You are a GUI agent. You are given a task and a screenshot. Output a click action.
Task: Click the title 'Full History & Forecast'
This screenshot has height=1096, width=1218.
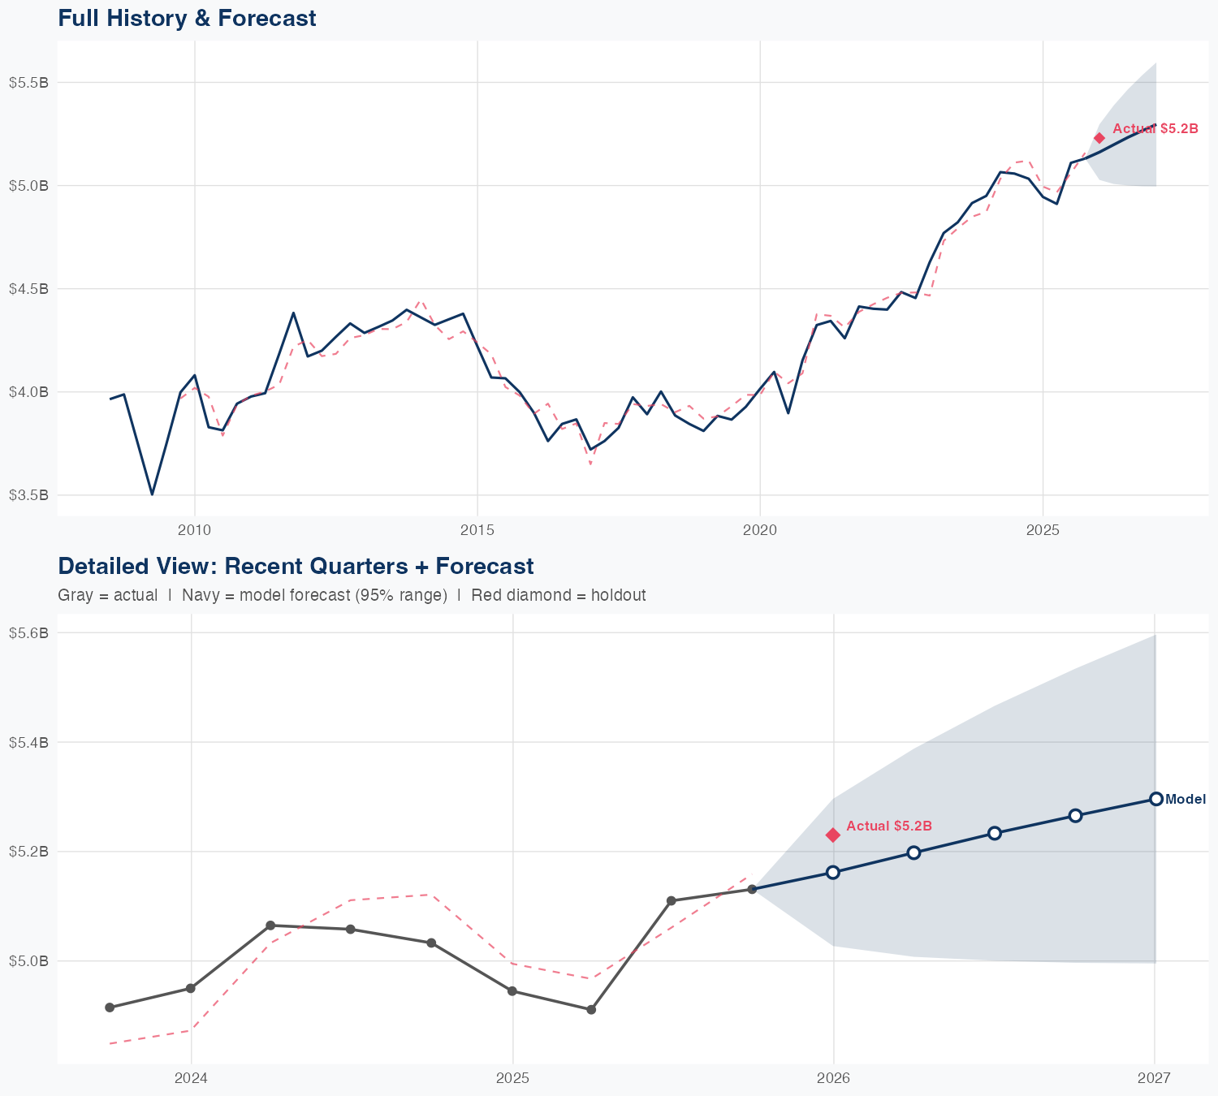[187, 18]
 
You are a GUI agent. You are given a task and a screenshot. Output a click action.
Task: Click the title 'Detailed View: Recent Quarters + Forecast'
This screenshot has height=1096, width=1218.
[296, 566]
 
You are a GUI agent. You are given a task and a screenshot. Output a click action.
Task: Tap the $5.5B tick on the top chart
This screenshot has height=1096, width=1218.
[28, 83]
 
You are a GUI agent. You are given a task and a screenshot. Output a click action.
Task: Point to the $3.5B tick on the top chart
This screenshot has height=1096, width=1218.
[28, 495]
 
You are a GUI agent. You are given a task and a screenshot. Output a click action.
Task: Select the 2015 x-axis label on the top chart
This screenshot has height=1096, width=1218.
[477, 530]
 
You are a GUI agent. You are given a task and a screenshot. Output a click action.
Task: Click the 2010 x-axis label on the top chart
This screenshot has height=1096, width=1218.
[194, 530]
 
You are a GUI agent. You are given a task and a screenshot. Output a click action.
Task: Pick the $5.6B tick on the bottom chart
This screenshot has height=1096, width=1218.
[28, 633]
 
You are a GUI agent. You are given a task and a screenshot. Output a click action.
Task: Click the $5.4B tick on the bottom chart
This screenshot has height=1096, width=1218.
[28, 742]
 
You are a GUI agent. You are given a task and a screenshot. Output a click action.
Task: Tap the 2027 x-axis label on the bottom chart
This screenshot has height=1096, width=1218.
[1154, 1078]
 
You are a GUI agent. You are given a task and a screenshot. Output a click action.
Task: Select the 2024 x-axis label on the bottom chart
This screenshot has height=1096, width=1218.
[191, 1078]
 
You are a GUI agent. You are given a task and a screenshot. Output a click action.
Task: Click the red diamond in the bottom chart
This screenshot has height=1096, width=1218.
[833, 835]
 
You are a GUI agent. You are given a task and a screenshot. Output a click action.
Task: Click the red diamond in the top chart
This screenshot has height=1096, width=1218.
[1099, 138]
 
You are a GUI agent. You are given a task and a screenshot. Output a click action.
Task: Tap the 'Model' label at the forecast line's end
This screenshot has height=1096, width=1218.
[1186, 800]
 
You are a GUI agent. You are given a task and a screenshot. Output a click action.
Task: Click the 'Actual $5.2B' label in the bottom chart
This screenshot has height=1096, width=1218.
[889, 826]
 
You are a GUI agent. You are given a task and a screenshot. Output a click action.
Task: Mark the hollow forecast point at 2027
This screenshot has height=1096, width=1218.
[1156, 799]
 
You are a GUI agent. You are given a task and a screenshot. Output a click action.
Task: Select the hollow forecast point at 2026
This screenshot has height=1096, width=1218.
[833, 872]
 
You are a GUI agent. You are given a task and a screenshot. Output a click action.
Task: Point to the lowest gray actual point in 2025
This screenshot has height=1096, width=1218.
[591, 1009]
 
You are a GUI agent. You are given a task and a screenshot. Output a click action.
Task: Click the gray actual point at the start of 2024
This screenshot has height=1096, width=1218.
[191, 988]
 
